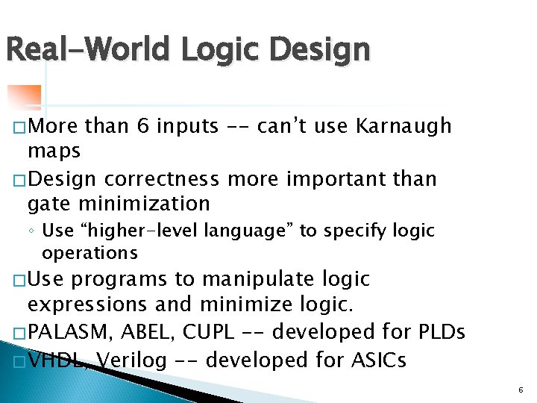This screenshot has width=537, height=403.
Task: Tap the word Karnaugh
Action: pyautogui.click(x=403, y=126)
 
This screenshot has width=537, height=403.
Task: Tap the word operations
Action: pyautogui.click(x=89, y=253)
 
